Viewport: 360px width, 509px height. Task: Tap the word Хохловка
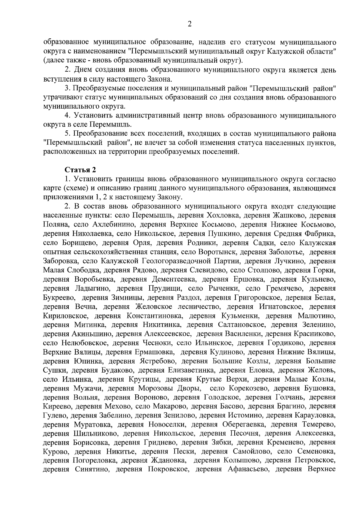point(222,215)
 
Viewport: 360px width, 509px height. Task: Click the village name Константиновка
point(154,316)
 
